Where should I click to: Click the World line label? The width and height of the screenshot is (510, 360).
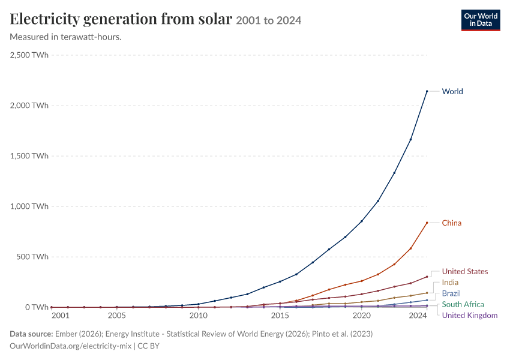452,91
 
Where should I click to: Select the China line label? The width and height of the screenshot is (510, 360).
451,223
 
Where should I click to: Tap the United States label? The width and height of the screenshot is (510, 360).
465,271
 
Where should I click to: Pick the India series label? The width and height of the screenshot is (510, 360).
450,282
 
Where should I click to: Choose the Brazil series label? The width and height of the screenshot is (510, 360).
451,293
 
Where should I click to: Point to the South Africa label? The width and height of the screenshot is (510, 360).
463,304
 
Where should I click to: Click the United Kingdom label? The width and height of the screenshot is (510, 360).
470,315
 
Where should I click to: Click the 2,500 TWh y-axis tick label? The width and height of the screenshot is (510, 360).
29,55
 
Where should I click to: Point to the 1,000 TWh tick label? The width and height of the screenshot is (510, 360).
29,206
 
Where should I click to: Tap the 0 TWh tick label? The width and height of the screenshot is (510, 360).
37,307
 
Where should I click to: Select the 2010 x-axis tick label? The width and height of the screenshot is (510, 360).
199,316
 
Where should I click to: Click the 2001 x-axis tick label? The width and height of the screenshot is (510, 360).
61,316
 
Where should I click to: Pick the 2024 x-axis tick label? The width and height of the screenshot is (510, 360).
418,316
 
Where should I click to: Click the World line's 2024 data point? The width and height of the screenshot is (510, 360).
427,91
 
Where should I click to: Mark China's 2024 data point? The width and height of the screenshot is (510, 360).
427,223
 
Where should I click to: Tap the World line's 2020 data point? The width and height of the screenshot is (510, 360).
362,221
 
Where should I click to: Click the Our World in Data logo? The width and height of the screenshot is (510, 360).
481,20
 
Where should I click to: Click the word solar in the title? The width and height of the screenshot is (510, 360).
215,19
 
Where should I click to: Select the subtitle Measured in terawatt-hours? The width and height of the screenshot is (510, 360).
66,37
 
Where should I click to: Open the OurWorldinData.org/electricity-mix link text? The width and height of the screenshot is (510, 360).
71,346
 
